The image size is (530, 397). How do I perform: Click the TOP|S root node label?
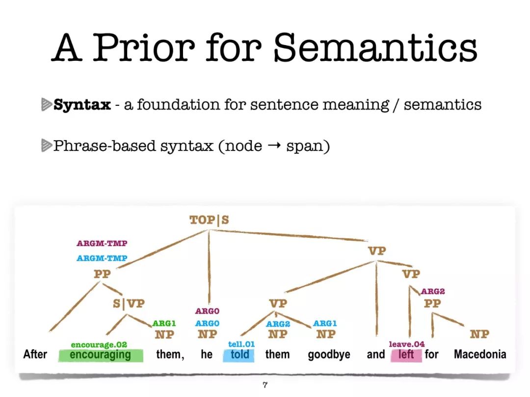tap(209, 220)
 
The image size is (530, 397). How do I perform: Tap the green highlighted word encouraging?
tap(101, 355)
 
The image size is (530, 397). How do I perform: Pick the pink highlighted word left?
tap(406, 355)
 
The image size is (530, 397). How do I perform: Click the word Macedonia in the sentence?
tap(480, 354)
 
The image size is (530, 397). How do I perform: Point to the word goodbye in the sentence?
tap(329, 355)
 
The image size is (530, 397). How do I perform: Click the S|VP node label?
tap(129, 303)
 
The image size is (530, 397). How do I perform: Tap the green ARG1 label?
tap(164, 323)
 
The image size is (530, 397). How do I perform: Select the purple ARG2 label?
tap(433, 291)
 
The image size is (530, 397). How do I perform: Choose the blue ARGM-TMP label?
tap(102, 258)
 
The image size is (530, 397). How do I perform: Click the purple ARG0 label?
tap(207, 311)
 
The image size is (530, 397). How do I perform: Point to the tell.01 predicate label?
tap(241, 345)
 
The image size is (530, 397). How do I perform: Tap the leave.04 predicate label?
tap(407, 345)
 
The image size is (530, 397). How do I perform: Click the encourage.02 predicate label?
tap(99, 345)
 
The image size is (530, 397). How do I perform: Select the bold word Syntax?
tap(82, 105)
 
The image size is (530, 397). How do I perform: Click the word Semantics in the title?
tap(375, 48)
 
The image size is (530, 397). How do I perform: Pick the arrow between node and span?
tap(274, 146)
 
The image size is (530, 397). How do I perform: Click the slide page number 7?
tap(265, 385)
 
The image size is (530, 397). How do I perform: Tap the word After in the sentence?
tap(35, 354)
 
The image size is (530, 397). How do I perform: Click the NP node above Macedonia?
tap(479, 334)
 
